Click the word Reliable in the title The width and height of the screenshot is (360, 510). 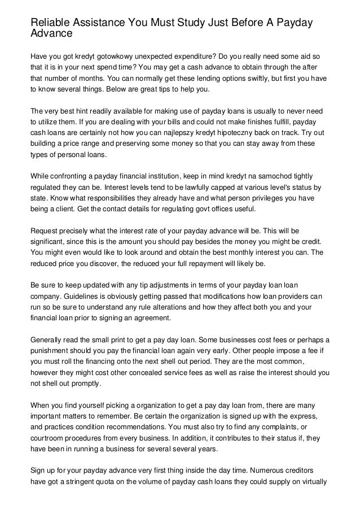click(51, 22)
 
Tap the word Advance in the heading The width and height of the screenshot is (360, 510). click(51, 33)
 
